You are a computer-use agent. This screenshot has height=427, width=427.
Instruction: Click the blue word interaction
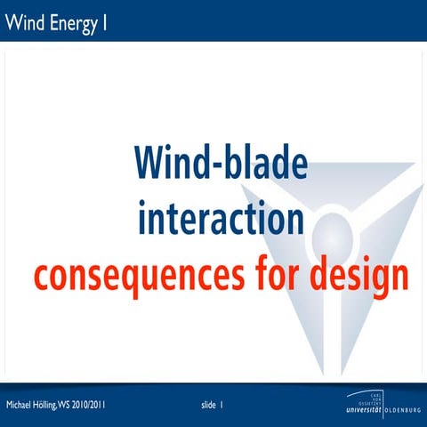(x=221, y=220)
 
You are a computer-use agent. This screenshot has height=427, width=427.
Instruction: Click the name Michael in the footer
(x=24, y=405)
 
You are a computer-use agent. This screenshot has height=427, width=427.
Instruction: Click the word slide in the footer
(x=210, y=405)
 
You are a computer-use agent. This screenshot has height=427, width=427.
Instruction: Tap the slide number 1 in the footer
(x=223, y=405)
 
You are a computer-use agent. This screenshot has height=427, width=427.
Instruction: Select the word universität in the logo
(x=355, y=411)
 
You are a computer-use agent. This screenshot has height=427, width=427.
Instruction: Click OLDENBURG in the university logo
(x=404, y=411)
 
